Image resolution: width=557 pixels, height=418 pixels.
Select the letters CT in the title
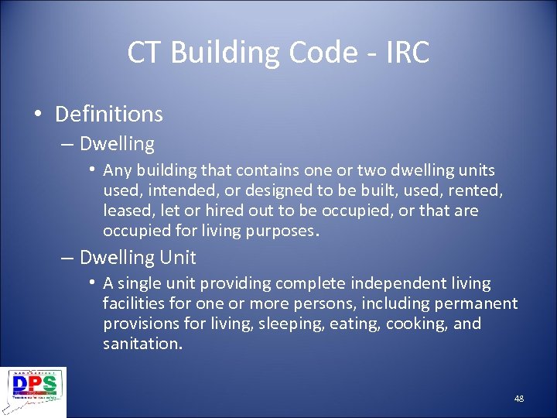[145, 53]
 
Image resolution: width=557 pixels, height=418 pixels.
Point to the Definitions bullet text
[109, 114]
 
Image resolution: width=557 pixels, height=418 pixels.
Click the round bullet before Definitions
[38, 115]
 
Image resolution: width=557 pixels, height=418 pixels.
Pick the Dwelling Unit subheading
[138, 257]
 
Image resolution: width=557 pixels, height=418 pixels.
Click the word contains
[263, 170]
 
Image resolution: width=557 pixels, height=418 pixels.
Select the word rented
[477, 190]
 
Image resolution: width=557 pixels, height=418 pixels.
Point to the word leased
[127, 211]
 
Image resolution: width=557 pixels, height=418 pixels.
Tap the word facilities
[132, 303]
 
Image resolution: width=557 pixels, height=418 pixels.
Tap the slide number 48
[518, 398]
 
